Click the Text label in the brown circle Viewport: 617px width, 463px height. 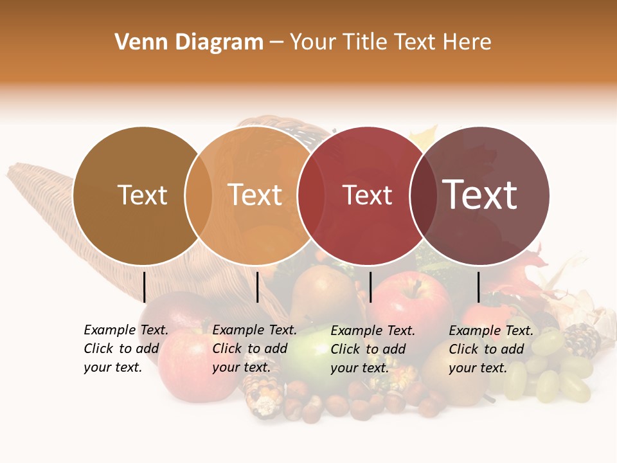click(142, 195)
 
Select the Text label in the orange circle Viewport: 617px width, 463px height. click(255, 195)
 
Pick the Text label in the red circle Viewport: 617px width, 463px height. click(367, 195)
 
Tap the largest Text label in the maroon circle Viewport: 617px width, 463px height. click(480, 195)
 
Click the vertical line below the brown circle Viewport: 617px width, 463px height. click(145, 287)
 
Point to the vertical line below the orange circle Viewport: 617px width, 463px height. click(257, 287)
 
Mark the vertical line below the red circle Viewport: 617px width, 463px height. click(370, 287)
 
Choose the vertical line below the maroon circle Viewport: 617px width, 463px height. click(478, 287)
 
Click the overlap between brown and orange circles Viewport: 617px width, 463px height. click(199, 195)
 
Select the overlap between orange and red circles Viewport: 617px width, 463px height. click(311, 195)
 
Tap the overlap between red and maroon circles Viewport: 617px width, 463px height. click(424, 195)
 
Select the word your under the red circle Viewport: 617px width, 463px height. click(344, 368)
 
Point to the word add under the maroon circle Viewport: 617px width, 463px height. click(512, 349)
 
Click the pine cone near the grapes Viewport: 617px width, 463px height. click(582, 340)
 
